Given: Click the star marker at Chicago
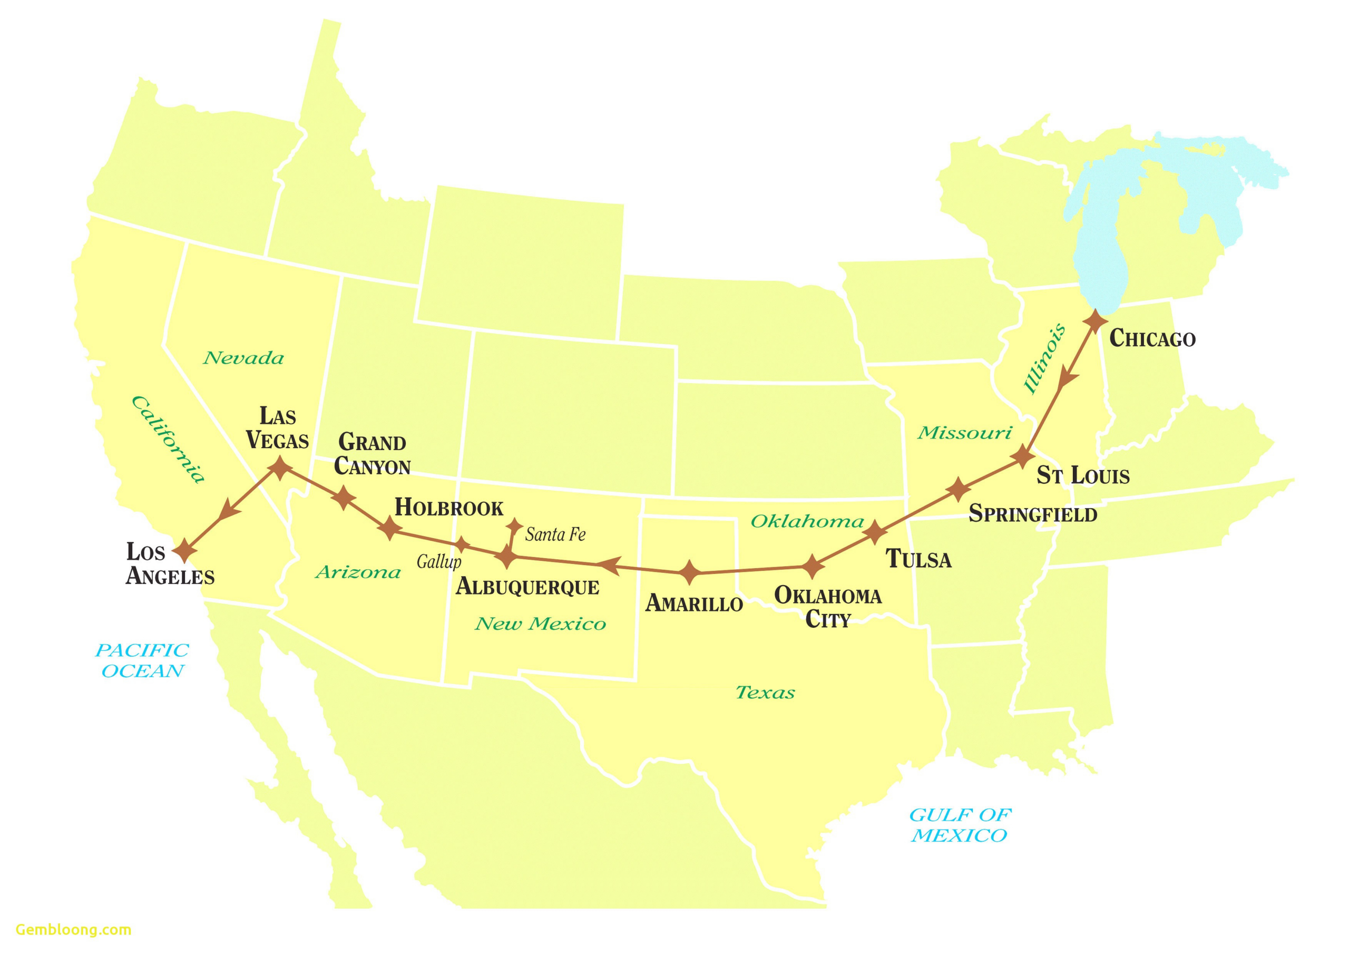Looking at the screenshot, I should pos(1095,322).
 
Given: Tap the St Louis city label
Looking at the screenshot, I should pos(1082,475).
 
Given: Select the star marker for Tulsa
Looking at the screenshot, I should pos(875,531).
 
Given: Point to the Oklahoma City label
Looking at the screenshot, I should pos(827,607).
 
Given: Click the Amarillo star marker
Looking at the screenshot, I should pos(690,572).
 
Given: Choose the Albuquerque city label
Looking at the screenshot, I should pos(527,587).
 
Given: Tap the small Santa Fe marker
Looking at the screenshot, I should pos(515,525).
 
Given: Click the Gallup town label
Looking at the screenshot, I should pos(439,562).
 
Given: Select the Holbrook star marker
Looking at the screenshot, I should pos(389,527).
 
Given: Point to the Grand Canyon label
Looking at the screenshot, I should pos(372,454).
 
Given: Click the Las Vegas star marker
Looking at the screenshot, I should pos(280,468).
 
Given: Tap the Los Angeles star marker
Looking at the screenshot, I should pos(185,551).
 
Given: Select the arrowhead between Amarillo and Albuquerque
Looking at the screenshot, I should pos(609,565).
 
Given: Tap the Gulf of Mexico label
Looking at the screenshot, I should pos(960,825).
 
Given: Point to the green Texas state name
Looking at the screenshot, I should pos(765,693).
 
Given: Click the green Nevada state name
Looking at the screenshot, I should pos(243,357).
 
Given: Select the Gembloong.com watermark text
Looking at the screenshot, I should pos(73,929).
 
